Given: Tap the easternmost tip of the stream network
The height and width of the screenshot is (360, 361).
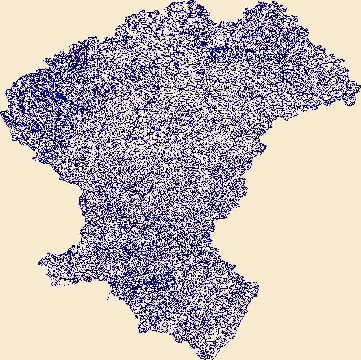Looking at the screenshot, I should pyautogui.click(x=360, y=85).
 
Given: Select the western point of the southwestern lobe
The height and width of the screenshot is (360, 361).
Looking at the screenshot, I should pyautogui.click(x=39, y=263).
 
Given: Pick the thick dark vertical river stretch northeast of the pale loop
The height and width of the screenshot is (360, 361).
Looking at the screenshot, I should pyautogui.click(x=248, y=58).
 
